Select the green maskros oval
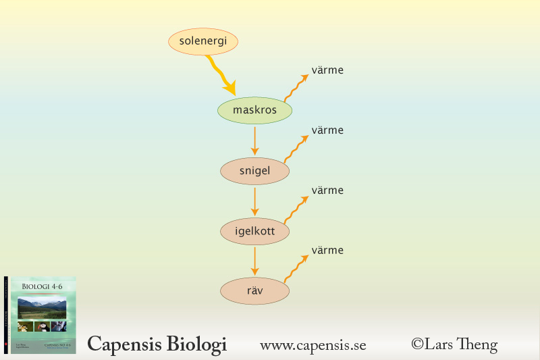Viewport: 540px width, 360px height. [x=254, y=110]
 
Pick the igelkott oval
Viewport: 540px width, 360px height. [x=254, y=232]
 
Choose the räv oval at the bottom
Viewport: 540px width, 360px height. [x=254, y=292]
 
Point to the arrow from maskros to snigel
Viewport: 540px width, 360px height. [x=254, y=140]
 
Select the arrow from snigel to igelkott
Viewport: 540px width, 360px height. [x=254, y=201]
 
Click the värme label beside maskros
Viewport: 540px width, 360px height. [x=327, y=70]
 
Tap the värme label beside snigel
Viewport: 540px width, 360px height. [x=327, y=130]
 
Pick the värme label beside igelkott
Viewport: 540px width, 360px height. [x=327, y=190]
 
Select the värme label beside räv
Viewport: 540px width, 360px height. [x=327, y=251]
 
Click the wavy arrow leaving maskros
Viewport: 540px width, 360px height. [x=295, y=88]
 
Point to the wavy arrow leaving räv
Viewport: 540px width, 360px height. [x=295, y=268]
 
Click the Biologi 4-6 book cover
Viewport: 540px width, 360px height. [x=43, y=315]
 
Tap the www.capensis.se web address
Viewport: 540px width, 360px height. [x=313, y=346]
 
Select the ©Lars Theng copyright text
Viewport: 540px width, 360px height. [x=454, y=344]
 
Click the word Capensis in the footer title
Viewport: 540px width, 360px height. [x=121, y=344]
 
